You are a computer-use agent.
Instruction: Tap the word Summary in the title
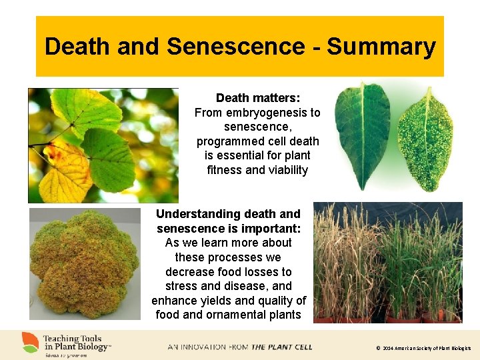pos(381,47)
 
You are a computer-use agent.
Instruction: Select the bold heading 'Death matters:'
pos(257,98)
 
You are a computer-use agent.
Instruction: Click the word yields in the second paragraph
pos(219,301)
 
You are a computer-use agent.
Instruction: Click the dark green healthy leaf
pos(363,136)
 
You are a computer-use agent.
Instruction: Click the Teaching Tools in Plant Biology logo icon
pos(29,342)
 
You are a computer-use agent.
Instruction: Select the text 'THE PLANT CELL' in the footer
pos(282,347)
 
